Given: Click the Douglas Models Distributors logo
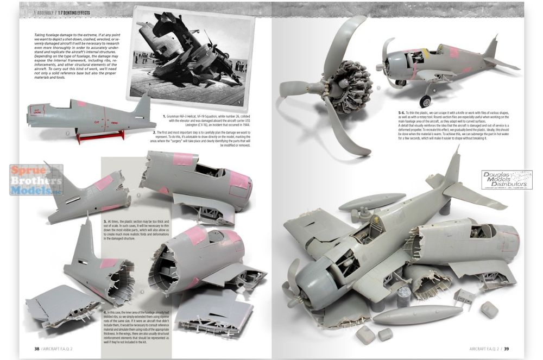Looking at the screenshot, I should (507, 180).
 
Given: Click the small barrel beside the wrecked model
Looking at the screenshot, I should (403, 298).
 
